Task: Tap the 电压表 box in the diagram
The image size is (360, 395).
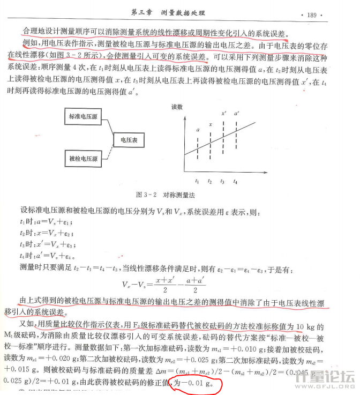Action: tap(129, 139)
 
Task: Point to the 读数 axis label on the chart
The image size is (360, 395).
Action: tap(177, 107)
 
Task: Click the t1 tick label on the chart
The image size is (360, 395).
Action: tap(197, 182)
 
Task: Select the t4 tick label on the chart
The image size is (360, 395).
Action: tap(235, 182)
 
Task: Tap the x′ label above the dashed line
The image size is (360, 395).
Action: tap(224, 113)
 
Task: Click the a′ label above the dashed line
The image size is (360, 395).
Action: tap(236, 113)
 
